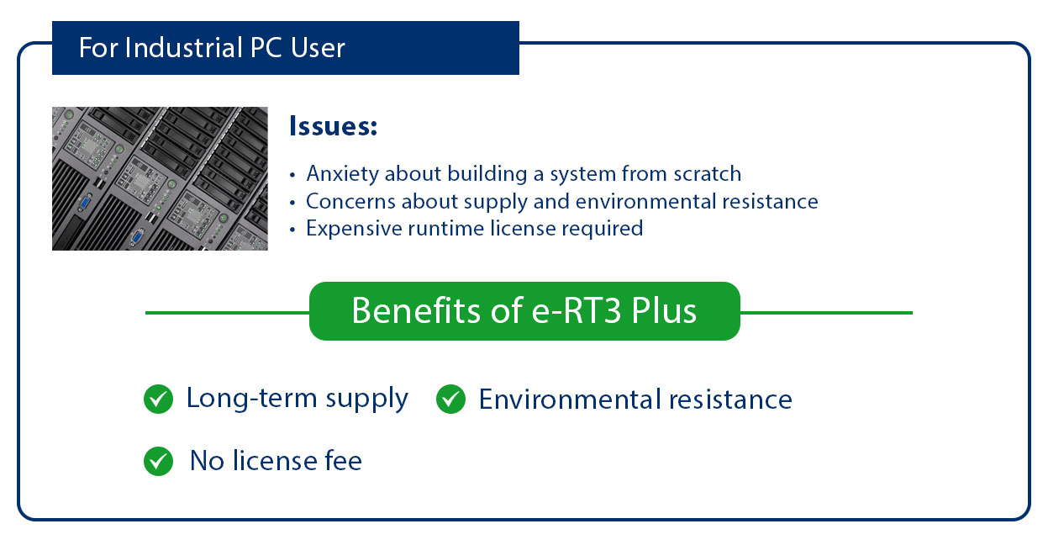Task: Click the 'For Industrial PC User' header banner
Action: coord(285,48)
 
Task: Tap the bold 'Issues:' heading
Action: coord(333,127)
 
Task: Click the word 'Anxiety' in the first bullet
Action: coord(340,174)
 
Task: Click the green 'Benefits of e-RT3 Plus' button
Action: coord(524,311)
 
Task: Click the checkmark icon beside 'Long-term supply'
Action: coord(158,399)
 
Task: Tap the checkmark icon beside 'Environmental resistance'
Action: coord(450,399)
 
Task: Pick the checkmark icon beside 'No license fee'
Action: coord(158,461)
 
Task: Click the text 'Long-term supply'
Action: coord(298,398)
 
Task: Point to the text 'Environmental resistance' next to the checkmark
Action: coord(635,399)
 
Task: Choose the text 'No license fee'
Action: coord(276,461)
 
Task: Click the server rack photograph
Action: coord(160,178)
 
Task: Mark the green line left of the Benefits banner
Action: coord(227,313)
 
